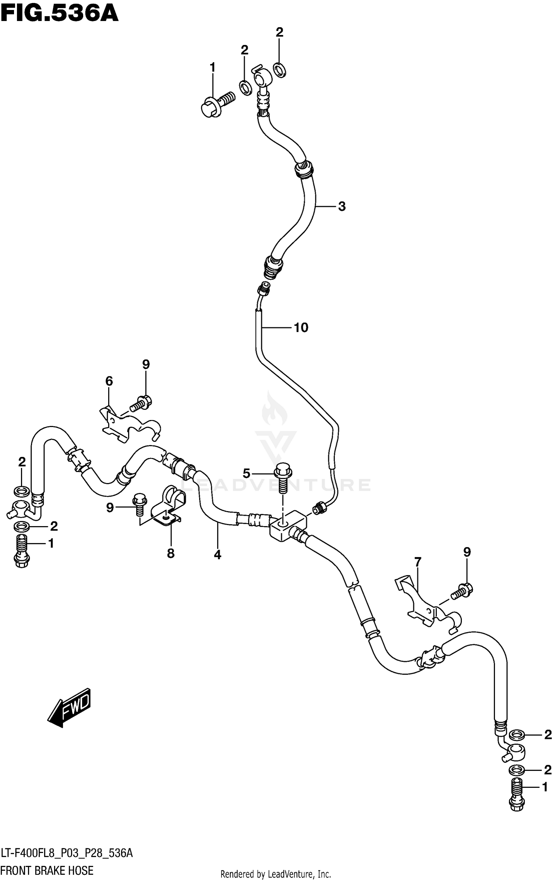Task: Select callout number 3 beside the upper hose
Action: (x=342, y=207)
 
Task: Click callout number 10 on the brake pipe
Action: (x=301, y=327)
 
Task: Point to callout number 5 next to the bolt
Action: (x=246, y=473)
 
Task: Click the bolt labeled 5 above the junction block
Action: (x=283, y=477)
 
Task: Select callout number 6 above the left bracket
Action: (x=109, y=381)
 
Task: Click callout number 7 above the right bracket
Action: (x=417, y=562)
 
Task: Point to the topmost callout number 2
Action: (x=279, y=32)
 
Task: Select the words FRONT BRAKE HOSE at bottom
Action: (x=47, y=869)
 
